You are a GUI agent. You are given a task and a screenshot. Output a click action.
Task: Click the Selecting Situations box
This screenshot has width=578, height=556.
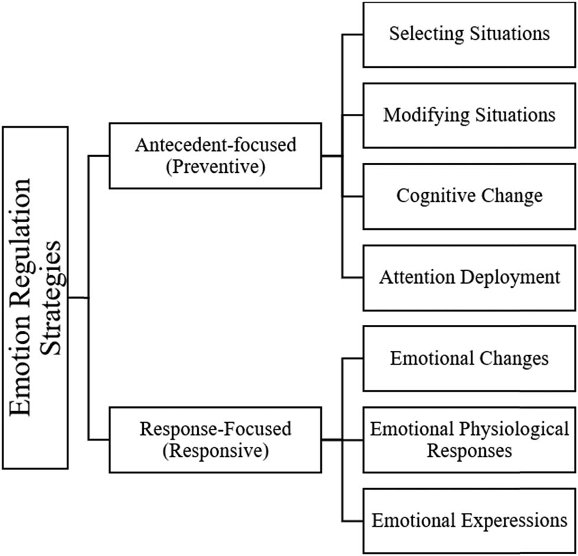pos(469,34)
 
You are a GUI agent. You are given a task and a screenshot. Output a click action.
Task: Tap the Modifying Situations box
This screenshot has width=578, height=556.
pos(469,115)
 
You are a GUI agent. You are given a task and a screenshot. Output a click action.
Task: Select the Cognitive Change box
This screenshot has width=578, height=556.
pos(469,196)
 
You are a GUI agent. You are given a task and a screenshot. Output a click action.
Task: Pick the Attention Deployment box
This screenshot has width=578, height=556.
pos(469,278)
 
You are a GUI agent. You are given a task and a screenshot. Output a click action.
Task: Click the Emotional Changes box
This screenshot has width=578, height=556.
pos(469,358)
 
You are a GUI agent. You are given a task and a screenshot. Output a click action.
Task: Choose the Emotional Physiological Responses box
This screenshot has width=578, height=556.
pos(469,439)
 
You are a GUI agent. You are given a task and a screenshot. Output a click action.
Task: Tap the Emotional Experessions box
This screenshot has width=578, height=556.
pos(469,521)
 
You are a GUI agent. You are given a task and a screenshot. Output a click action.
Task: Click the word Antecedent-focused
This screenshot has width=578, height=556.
pos(215,145)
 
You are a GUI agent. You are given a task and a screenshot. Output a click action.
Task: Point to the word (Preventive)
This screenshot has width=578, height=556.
pos(215,167)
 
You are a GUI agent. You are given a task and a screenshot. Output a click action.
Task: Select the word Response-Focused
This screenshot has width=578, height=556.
pos(215,429)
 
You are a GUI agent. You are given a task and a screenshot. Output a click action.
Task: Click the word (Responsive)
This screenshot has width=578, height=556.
pos(215,451)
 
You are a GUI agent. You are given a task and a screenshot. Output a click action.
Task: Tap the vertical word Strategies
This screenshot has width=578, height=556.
pos(53,297)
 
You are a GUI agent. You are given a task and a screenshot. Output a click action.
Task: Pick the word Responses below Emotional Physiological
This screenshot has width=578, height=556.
pos(469,451)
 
